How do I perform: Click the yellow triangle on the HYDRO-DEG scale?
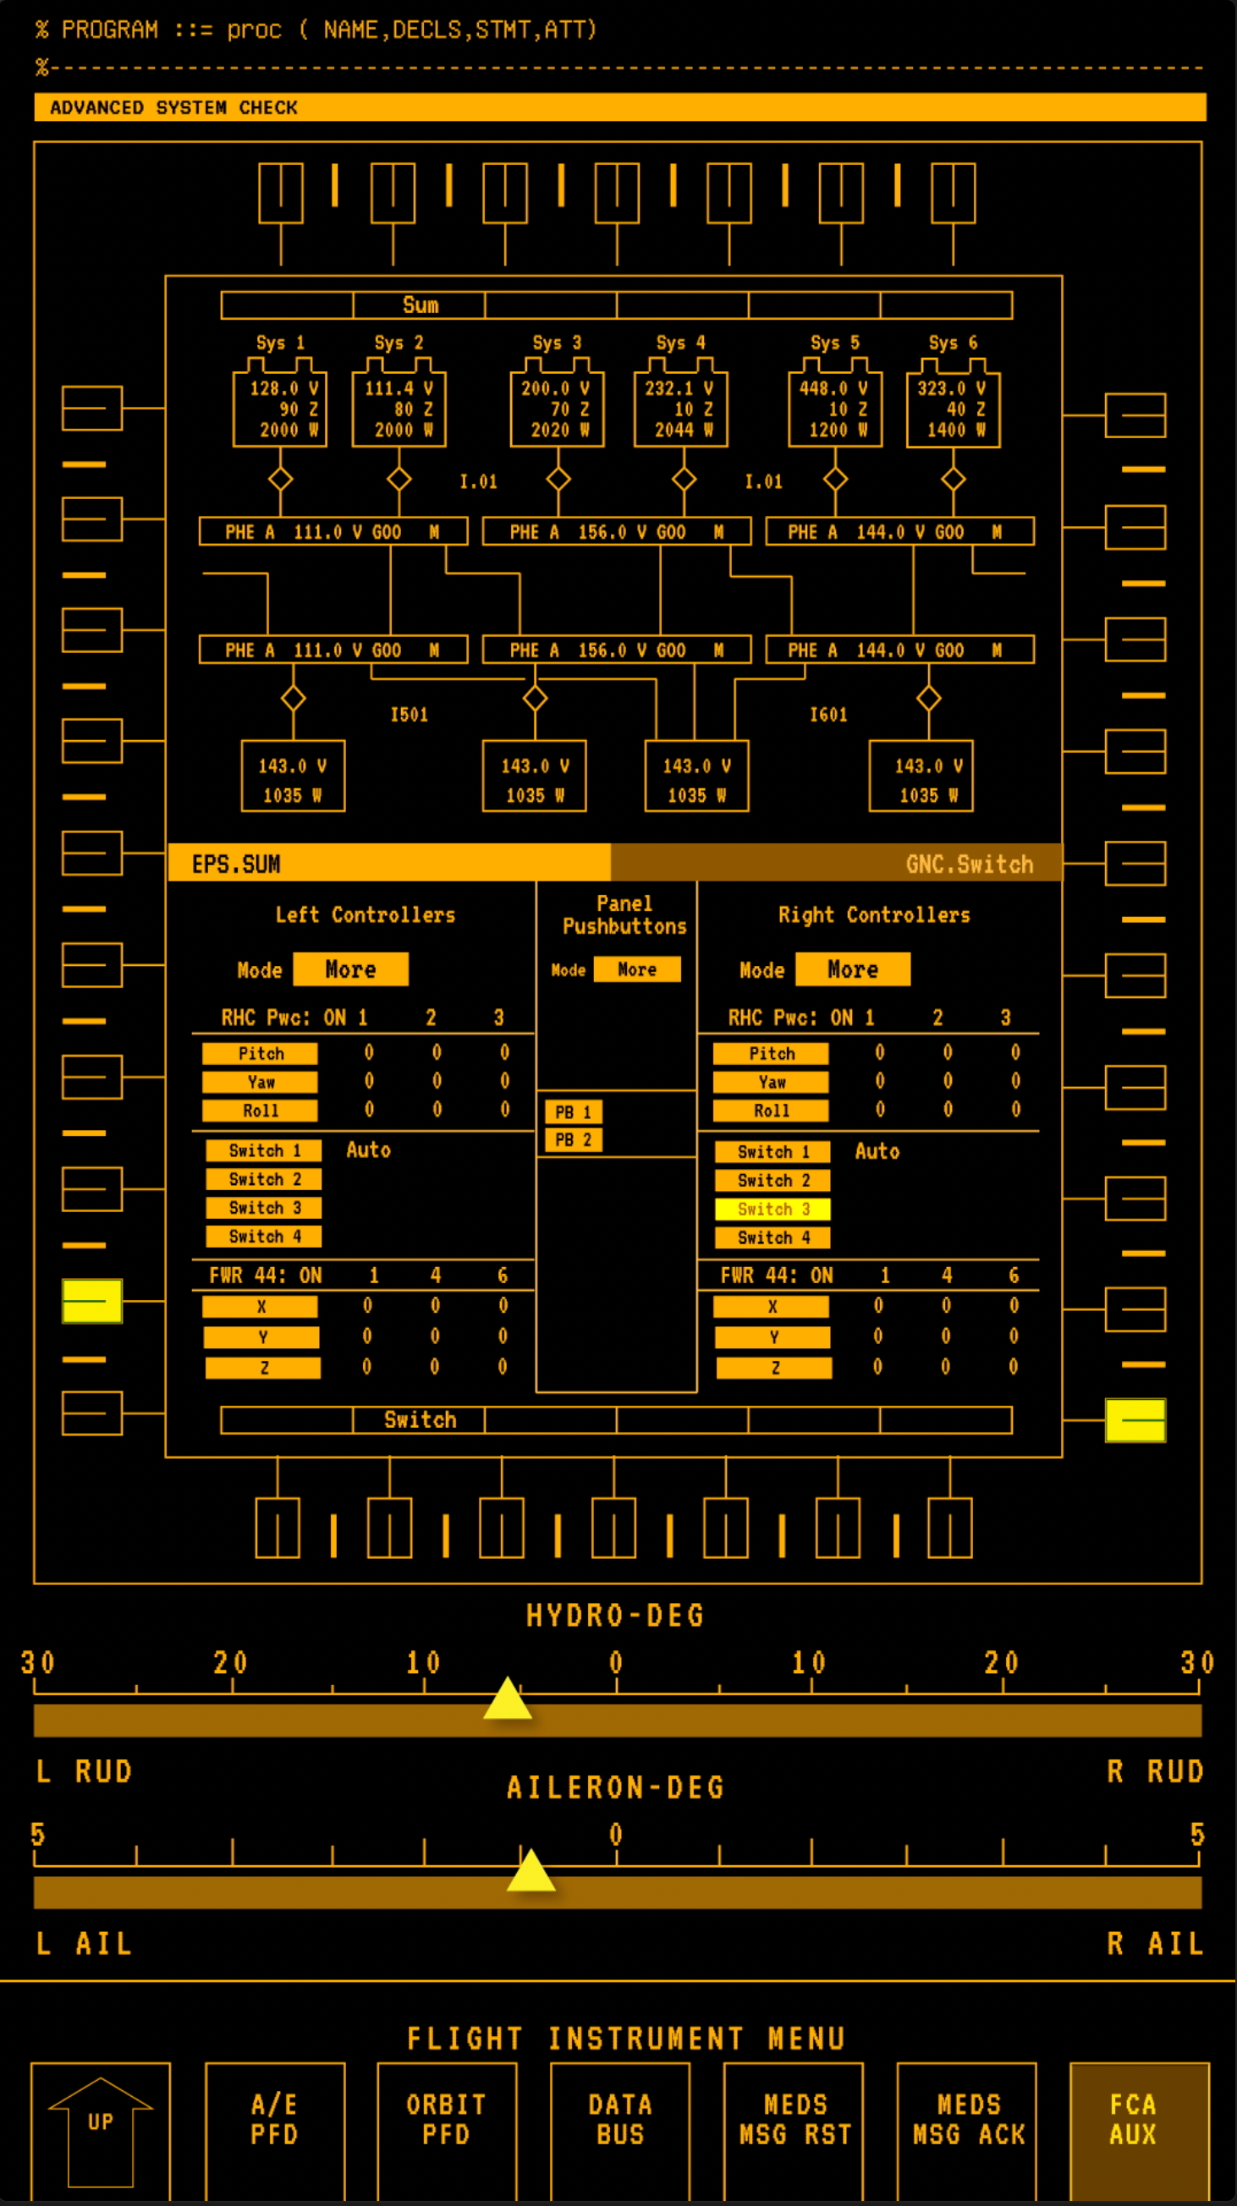pyautogui.click(x=507, y=1699)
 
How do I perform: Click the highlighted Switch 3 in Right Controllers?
pyautogui.click(x=772, y=1210)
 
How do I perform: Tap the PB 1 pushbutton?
pyautogui.click(x=573, y=1111)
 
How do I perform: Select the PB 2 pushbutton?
pyautogui.click(x=573, y=1140)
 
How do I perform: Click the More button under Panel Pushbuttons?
pyautogui.click(x=636, y=969)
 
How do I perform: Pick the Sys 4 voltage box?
pyautogui.click(x=680, y=409)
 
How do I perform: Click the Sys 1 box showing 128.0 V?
pyautogui.click(x=280, y=409)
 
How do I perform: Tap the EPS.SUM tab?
pyautogui.click(x=389, y=864)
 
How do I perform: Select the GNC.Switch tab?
pyautogui.click(x=836, y=864)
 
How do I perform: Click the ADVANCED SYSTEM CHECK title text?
pyautogui.click(x=174, y=108)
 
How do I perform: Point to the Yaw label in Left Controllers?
pyautogui.click(x=261, y=1083)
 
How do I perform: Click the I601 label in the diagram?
pyautogui.click(x=828, y=715)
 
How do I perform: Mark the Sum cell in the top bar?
pyautogui.click(x=419, y=305)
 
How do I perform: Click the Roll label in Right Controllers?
pyautogui.click(x=771, y=1111)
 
